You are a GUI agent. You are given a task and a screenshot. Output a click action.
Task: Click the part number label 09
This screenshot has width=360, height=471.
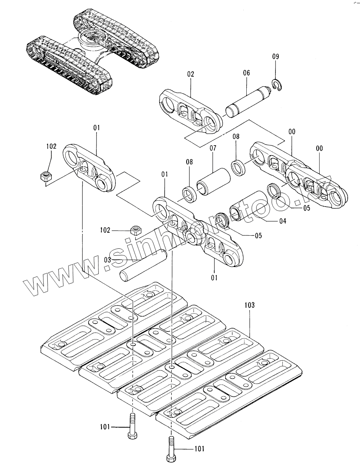[275, 56]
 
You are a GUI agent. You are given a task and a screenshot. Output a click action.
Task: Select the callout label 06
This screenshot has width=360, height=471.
[246, 73]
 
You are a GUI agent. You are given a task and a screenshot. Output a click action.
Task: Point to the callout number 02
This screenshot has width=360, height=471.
[191, 74]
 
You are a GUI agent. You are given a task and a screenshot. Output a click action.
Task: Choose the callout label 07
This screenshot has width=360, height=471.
[212, 148]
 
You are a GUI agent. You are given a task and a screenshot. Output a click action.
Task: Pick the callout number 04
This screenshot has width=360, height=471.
[282, 221]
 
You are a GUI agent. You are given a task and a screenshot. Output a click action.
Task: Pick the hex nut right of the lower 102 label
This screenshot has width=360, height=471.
[135, 230]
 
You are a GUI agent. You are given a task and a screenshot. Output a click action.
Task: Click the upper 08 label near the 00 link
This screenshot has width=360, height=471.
[236, 137]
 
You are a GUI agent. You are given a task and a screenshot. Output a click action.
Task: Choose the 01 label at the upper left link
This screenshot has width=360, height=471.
[96, 128]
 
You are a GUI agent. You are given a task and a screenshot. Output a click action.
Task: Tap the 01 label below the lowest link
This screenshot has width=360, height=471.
[214, 278]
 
